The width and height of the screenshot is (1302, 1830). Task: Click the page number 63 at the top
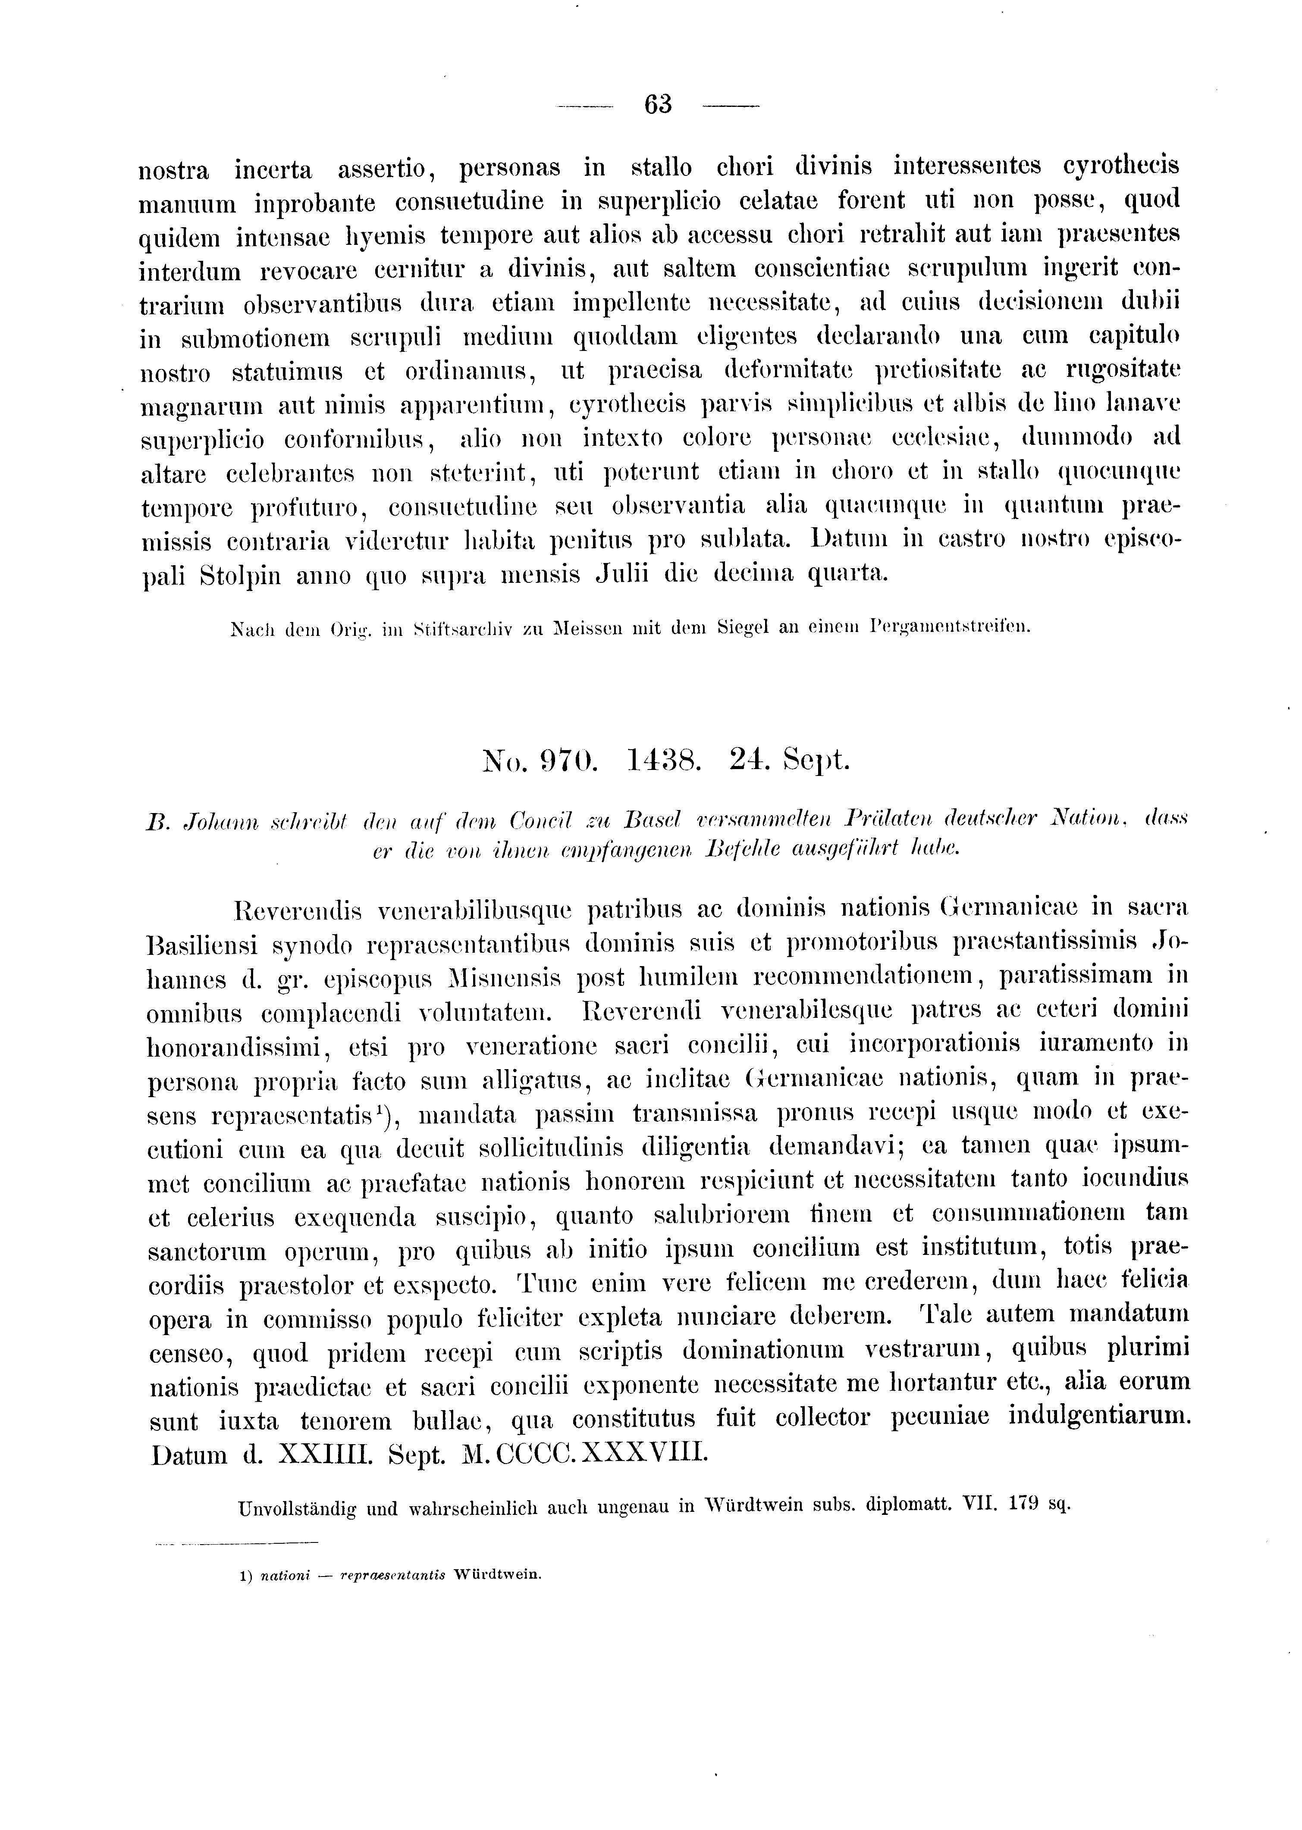[x=657, y=104]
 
